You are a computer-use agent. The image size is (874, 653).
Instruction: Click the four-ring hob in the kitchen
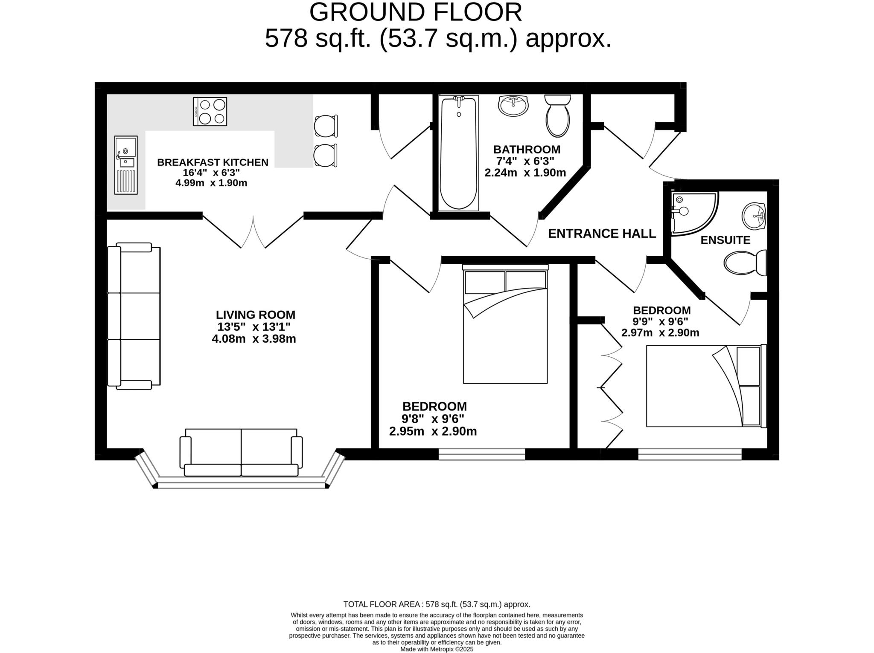pos(210,111)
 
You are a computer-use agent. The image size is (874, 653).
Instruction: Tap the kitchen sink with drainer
pos(126,165)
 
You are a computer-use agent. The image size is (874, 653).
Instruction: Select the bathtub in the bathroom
pos(458,153)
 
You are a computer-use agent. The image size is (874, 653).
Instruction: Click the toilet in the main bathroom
pos(557,116)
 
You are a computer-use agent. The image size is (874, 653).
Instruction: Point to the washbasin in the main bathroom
pos(513,105)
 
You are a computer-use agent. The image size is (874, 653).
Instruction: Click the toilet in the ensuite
pos(745,263)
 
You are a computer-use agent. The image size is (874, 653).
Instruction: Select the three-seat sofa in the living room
pos(134,316)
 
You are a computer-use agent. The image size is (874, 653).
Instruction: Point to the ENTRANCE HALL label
pos(602,234)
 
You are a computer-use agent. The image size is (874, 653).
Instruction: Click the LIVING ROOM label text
pos(255,315)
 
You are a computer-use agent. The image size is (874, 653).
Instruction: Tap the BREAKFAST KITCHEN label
pos(213,162)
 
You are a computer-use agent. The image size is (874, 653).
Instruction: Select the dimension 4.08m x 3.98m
pos(254,339)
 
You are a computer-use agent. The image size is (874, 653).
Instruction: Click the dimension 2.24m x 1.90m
pos(525,173)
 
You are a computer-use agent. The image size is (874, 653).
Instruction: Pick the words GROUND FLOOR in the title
pos(415,12)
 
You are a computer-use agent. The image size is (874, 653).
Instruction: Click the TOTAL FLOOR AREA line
pos(437,604)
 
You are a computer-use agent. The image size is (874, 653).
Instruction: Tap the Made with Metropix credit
pos(437,649)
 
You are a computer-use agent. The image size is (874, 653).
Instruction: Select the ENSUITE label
pos(725,240)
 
